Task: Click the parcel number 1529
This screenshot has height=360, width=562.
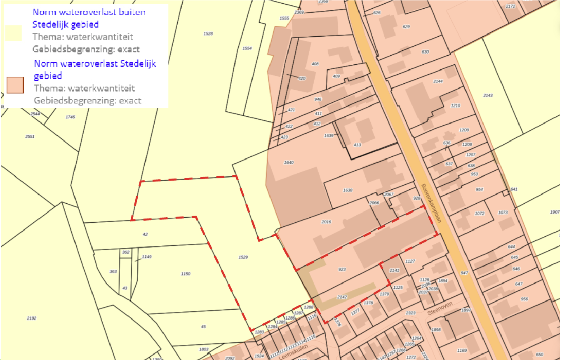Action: (243, 257)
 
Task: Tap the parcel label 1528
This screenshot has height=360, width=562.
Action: (208, 33)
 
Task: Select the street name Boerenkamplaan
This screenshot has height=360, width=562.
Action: (431, 203)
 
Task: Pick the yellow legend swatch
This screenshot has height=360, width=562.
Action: (14, 33)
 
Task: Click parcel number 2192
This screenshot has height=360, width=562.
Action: (31, 318)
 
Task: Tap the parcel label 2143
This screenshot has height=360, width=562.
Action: (488, 95)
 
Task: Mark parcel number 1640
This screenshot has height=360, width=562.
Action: (289, 162)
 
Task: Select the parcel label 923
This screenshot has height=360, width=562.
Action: (342, 269)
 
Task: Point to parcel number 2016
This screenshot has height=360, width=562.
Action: (326, 222)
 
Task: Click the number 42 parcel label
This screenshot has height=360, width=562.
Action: (145, 234)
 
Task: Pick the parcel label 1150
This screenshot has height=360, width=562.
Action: (186, 274)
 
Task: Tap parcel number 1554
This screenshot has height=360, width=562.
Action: (247, 48)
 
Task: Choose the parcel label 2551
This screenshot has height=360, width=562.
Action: (30, 136)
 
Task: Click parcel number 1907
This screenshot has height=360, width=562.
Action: (555, 212)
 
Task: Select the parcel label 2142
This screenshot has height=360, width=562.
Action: (342, 297)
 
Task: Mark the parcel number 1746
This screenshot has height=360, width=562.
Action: (71, 117)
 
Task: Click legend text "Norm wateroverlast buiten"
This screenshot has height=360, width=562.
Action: (89, 12)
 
